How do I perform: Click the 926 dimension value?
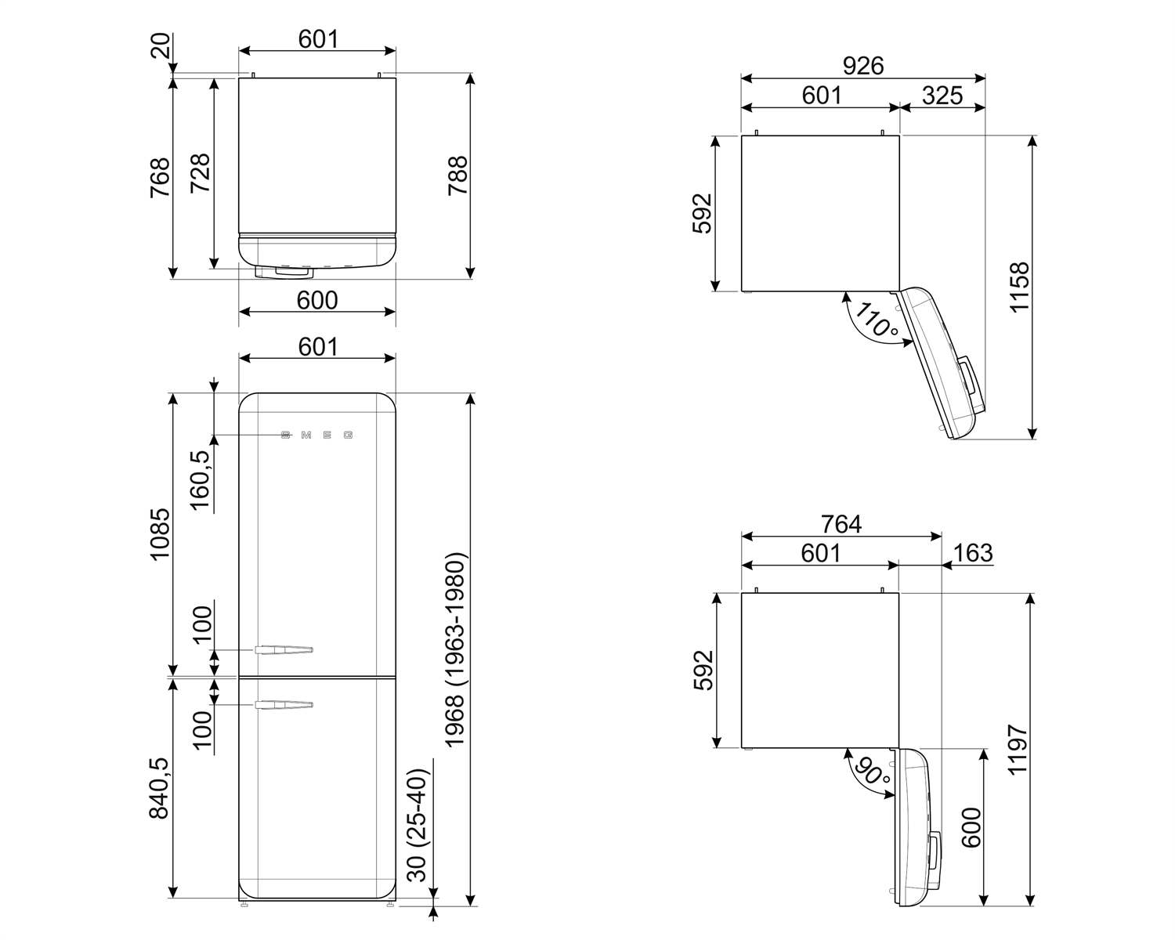coord(862,66)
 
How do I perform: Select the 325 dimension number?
coord(942,96)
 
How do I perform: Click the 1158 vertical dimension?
coord(1019,287)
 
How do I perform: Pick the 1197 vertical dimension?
coord(1018,750)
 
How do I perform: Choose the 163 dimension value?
coord(972,553)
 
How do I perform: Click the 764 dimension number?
coord(841,523)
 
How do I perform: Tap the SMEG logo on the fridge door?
coord(317,435)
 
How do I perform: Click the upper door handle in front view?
coord(284,649)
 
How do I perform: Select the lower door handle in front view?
coord(284,706)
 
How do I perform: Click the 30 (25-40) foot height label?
coord(419,824)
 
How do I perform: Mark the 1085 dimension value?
coord(159,534)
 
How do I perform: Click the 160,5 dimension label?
coord(201,480)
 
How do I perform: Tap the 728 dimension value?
coord(200,173)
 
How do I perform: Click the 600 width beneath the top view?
coord(317,300)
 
